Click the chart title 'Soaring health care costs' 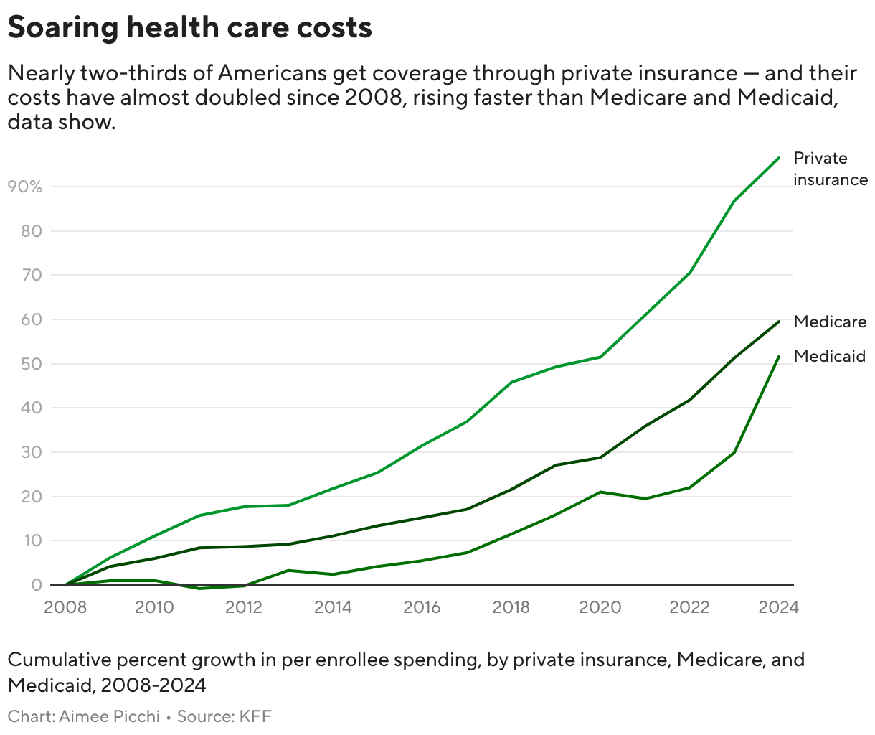(x=189, y=28)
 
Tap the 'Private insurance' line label (x=830, y=169)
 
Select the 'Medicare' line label (x=830, y=322)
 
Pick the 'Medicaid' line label (x=830, y=356)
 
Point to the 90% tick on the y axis (x=24, y=187)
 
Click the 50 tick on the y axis (x=33, y=364)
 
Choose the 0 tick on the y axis (x=37, y=585)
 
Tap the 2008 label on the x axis (x=65, y=607)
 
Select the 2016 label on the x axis (x=422, y=607)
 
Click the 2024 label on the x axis (x=778, y=607)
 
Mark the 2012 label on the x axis (x=244, y=607)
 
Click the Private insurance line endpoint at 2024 (x=778, y=158)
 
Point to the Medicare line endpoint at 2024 (x=778, y=322)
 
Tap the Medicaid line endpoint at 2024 (x=778, y=357)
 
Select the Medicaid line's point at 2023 (x=734, y=452)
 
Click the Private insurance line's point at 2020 (x=600, y=357)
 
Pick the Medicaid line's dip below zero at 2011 (x=199, y=589)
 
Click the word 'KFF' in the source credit (x=255, y=716)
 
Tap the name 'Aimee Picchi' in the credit (x=109, y=716)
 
